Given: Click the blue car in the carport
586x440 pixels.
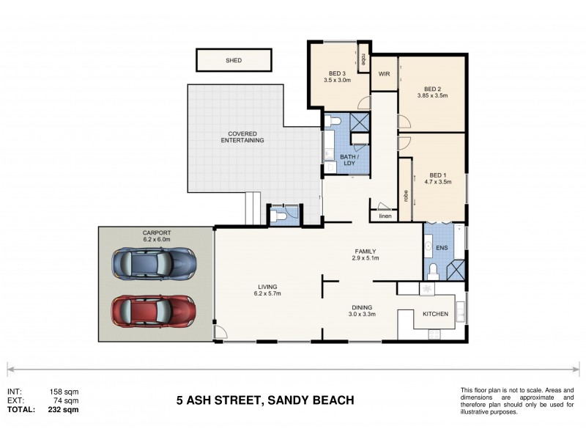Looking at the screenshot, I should point(154,263).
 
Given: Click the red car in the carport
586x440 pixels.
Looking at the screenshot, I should point(154,310).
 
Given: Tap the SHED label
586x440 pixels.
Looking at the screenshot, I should point(233,60).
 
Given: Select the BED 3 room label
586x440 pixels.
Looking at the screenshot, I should point(337,73).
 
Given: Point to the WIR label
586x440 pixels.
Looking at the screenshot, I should point(384,75).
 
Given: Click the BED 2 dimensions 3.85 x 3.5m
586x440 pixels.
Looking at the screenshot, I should point(431,95).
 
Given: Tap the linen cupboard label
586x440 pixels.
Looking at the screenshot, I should point(385,216).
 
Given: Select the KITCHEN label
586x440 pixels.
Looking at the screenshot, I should point(435,314).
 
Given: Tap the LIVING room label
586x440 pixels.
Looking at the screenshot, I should point(267,287).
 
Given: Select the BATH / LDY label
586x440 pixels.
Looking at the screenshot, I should point(349,159).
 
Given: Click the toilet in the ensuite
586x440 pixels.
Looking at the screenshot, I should point(432,272).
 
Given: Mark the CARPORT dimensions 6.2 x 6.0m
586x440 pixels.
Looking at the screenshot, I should point(156,239).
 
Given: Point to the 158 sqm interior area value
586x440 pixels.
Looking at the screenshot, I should point(64,392).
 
